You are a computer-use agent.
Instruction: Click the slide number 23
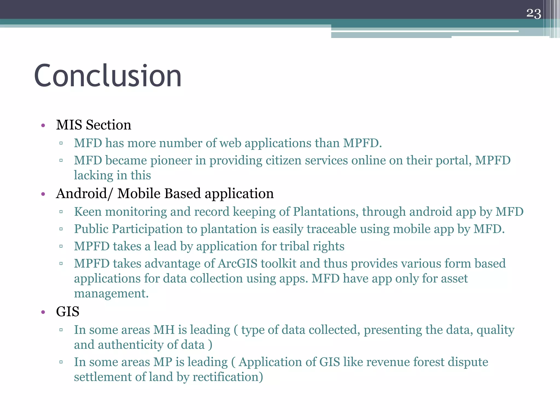point(533,13)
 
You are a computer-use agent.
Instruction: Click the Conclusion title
point(108,76)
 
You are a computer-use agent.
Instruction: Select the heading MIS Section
point(94,125)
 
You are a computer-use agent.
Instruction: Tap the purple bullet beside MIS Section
point(43,126)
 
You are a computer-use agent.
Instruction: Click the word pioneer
point(171,161)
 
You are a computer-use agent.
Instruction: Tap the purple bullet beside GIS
point(43,312)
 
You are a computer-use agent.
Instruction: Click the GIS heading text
point(68,312)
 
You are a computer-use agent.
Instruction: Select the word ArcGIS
point(238,264)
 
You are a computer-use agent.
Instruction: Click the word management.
point(111,294)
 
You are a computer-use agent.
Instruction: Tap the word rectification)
point(228,377)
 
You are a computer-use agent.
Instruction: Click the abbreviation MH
point(164,330)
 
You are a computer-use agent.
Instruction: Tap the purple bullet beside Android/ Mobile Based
point(43,194)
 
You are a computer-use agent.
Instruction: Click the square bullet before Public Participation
point(61,229)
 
